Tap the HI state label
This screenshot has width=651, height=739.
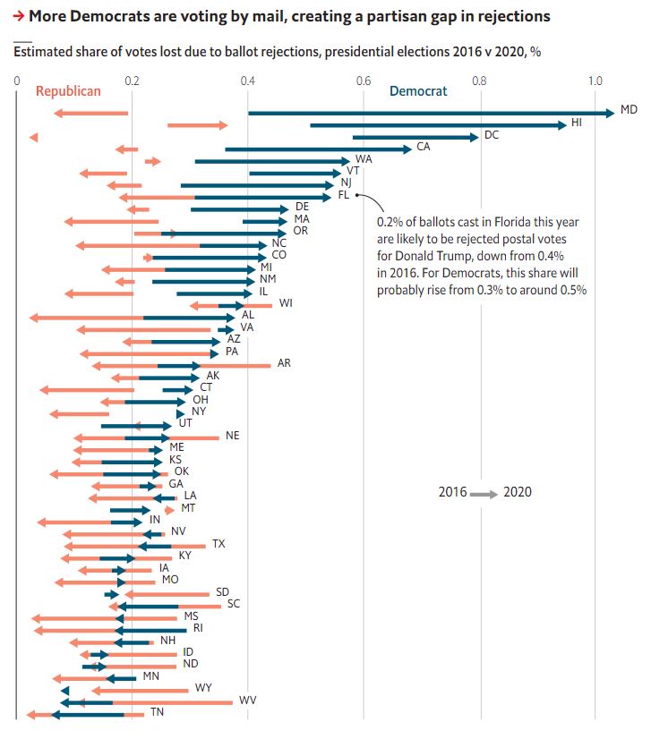[x=577, y=122]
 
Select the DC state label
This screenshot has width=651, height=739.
[x=492, y=135]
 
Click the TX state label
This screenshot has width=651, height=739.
[x=218, y=544]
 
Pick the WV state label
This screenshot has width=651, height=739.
[x=247, y=701]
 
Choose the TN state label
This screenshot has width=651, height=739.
[x=157, y=712]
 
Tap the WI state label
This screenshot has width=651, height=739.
[x=286, y=302]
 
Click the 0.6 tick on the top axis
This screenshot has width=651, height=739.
[x=364, y=81]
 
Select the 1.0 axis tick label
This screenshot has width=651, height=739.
[x=595, y=81]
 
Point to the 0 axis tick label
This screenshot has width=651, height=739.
[x=17, y=81]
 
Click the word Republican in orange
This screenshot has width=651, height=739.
[x=68, y=91]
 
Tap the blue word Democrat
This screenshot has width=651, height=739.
[x=418, y=91]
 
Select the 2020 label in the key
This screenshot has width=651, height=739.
[x=518, y=492]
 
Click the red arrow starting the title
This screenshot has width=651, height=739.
[x=20, y=17]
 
